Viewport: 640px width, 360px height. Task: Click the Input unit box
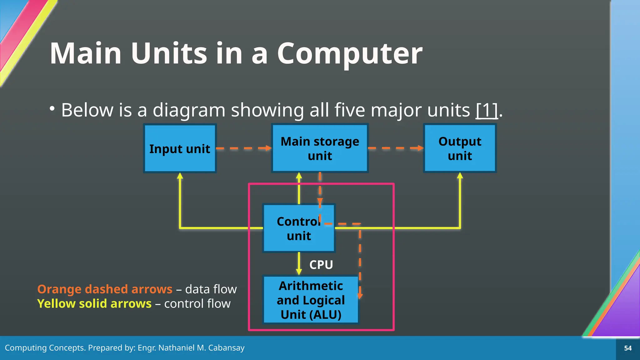[x=180, y=148]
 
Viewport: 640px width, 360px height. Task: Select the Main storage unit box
[x=320, y=148]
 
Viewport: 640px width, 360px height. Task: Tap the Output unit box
[x=460, y=148]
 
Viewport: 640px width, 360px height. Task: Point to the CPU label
[x=321, y=265]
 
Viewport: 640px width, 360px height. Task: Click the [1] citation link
[x=487, y=110]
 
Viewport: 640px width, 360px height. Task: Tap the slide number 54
[x=628, y=348]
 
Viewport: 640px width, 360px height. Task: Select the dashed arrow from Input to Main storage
[x=244, y=148]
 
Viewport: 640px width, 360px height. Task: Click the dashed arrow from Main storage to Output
[x=396, y=148]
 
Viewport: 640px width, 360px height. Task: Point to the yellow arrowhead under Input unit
[x=180, y=176]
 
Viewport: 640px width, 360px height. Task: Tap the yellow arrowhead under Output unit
[x=460, y=176]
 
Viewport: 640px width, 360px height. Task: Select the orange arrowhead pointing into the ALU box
[x=360, y=295]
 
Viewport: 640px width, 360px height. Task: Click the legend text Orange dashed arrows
[x=105, y=289]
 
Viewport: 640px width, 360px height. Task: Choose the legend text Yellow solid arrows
[x=94, y=303]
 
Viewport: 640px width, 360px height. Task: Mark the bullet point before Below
[x=52, y=109]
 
